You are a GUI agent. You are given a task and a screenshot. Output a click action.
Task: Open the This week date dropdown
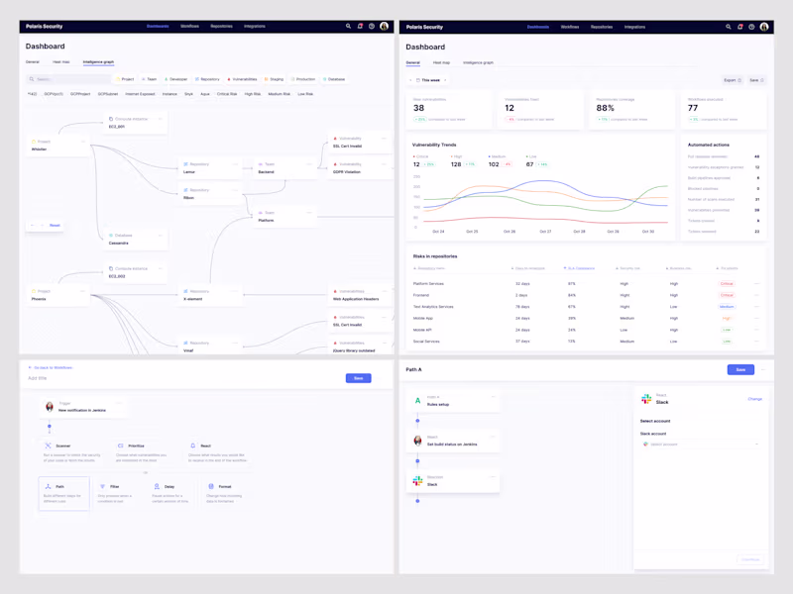pos(429,80)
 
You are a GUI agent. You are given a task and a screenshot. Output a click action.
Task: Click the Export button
pos(732,80)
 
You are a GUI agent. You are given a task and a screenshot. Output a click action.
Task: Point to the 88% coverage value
pos(606,108)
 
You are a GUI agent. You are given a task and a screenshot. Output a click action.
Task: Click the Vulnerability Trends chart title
pos(434,145)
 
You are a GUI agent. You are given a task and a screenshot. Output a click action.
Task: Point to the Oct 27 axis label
pos(545,232)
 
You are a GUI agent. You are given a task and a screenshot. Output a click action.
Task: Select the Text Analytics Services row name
pos(433,307)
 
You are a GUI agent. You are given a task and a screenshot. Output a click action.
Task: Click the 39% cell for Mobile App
pos(571,319)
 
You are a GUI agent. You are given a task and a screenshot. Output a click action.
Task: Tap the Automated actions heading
pos(708,145)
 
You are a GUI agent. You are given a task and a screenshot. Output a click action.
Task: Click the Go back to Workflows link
pos(52,367)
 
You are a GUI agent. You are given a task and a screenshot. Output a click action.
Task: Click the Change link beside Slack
pos(754,399)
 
